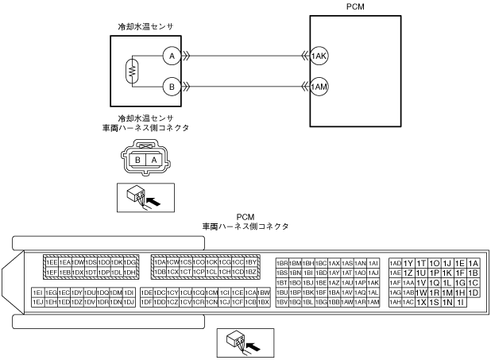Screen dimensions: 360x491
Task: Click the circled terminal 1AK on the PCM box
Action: point(319,56)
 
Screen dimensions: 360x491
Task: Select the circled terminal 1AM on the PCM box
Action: point(319,86)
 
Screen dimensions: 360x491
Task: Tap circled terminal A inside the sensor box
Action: point(169,56)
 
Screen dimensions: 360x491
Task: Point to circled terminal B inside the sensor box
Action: point(169,86)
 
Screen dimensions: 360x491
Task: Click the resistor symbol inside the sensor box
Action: point(132,71)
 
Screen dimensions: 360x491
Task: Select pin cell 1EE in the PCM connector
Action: point(52,262)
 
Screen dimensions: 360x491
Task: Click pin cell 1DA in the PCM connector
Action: point(158,262)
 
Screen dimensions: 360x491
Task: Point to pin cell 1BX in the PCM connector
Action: point(264,302)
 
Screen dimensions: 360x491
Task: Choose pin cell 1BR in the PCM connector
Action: point(282,262)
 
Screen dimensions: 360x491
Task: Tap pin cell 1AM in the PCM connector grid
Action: point(373,302)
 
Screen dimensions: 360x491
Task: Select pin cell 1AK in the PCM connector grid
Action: point(373,282)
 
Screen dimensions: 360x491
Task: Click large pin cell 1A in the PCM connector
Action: point(474,263)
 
